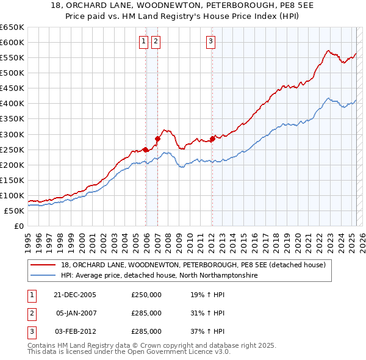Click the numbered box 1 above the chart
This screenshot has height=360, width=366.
tap(143, 41)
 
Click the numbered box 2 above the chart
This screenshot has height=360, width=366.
tap(156, 41)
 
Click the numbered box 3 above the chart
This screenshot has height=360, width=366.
tap(210, 41)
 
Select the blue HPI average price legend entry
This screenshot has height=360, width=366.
tap(159, 275)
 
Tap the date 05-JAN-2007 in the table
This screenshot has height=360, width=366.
tap(76, 313)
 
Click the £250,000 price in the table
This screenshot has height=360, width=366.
tap(146, 295)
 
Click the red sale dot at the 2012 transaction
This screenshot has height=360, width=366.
tap(212, 139)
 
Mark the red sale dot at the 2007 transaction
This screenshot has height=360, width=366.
tap(157, 139)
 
